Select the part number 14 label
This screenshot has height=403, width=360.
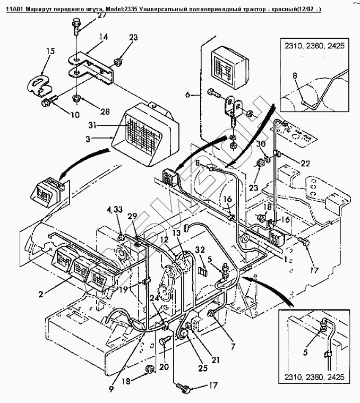(102, 37)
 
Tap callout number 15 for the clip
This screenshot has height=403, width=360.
(50, 52)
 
